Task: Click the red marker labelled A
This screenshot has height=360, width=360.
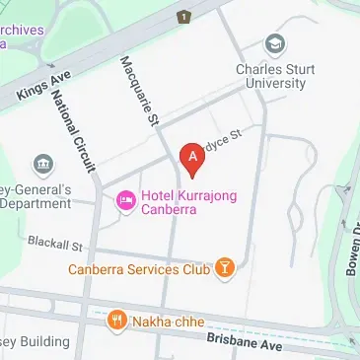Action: pyautogui.click(x=193, y=156)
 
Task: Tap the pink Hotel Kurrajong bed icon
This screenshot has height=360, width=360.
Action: pyautogui.click(x=125, y=202)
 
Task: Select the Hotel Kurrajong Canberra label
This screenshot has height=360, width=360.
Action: pyautogui.click(x=186, y=203)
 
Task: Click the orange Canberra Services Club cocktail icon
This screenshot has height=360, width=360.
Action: pyautogui.click(x=226, y=267)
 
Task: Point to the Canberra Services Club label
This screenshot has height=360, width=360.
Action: pyautogui.click(x=139, y=267)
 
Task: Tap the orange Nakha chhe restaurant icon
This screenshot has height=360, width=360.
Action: pyautogui.click(x=117, y=321)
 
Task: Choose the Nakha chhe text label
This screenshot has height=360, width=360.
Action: pyautogui.click(x=170, y=322)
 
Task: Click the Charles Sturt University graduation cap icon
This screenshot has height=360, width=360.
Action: pyautogui.click(x=275, y=44)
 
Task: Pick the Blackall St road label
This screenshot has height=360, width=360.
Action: pyautogui.click(x=54, y=242)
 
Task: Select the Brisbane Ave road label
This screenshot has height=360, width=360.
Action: pyautogui.click(x=245, y=341)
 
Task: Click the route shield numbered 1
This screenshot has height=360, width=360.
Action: pyautogui.click(x=183, y=17)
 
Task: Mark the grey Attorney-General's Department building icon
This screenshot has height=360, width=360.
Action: pyautogui.click(x=42, y=164)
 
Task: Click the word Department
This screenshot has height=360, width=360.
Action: pyautogui.click(x=36, y=204)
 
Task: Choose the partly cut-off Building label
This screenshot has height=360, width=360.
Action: pyautogui.click(x=36, y=341)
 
